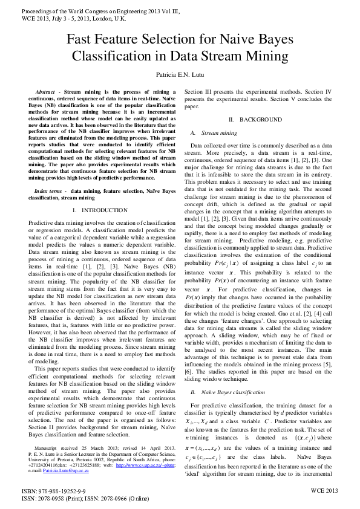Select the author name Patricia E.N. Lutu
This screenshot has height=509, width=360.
180,74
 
